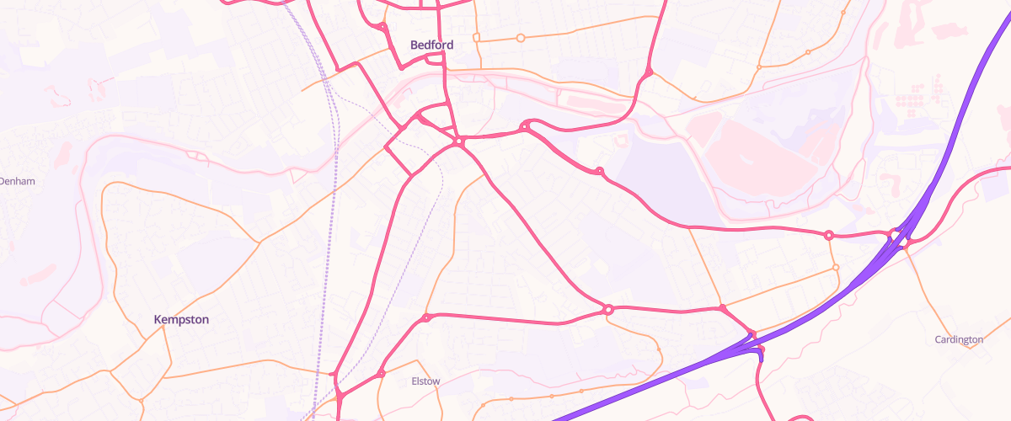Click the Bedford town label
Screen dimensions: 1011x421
point(431,45)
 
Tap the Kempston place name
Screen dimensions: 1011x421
point(181,320)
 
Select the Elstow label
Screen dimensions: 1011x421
point(425,381)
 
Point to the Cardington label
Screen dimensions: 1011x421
point(959,339)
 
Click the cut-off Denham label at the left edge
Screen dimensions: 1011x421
point(17,181)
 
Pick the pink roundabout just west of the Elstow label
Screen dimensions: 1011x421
point(381,373)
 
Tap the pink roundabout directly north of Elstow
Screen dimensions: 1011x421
point(426,317)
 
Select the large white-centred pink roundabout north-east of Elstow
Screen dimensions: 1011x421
point(607,310)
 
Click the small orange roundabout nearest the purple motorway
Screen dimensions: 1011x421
point(836,268)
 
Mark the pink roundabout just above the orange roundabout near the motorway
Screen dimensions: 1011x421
point(829,235)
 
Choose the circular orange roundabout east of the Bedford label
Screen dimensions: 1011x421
point(520,38)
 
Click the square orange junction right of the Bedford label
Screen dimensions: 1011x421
point(476,38)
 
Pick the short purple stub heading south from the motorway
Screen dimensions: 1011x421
point(760,355)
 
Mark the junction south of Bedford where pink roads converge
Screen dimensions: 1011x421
point(459,142)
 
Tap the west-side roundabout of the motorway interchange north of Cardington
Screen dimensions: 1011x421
point(893,233)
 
